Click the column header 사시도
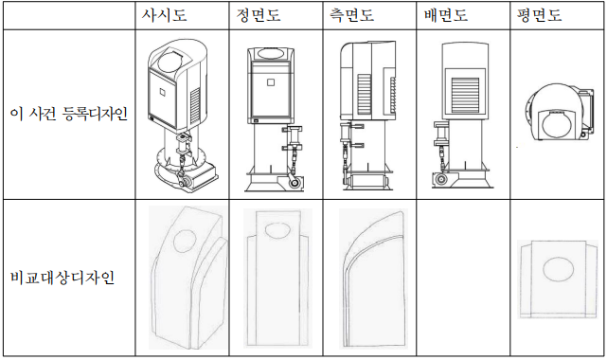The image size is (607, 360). pyautogui.click(x=164, y=15)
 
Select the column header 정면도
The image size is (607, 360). pyautogui.click(x=259, y=15)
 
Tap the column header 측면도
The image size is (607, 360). pyautogui.click(x=352, y=15)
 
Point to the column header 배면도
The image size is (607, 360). pyautogui.click(x=446, y=15)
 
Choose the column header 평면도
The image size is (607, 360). pyautogui.click(x=539, y=15)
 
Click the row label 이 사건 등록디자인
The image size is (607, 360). pyautogui.click(x=69, y=115)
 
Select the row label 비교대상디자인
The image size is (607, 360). pyautogui.click(x=62, y=278)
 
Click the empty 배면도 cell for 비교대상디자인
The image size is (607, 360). pyautogui.click(x=463, y=278)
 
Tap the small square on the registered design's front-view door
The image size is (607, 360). pyautogui.click(x=271, y=82)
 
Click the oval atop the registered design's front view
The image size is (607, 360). pyautogui.click(x=271, y=53)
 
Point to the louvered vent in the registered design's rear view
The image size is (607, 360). pyautogui.click(x=465, y=95)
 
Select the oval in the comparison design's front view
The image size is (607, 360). pyautogui.click(x=277, y=230)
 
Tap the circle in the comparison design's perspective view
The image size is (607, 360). pyautogui.click(x=185, y=242)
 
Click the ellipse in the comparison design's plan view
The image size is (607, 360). pyautogui.click(x=558, y=269)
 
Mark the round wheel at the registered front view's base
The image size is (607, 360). pyautogui.click(x=295, y=183)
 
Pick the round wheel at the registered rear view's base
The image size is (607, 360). pyautogui.click(x=440, y=180)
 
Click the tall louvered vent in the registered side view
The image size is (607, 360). pyautogui.click(x=365, y=95)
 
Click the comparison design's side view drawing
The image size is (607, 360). pyautogui.click(x=373, y=279)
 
